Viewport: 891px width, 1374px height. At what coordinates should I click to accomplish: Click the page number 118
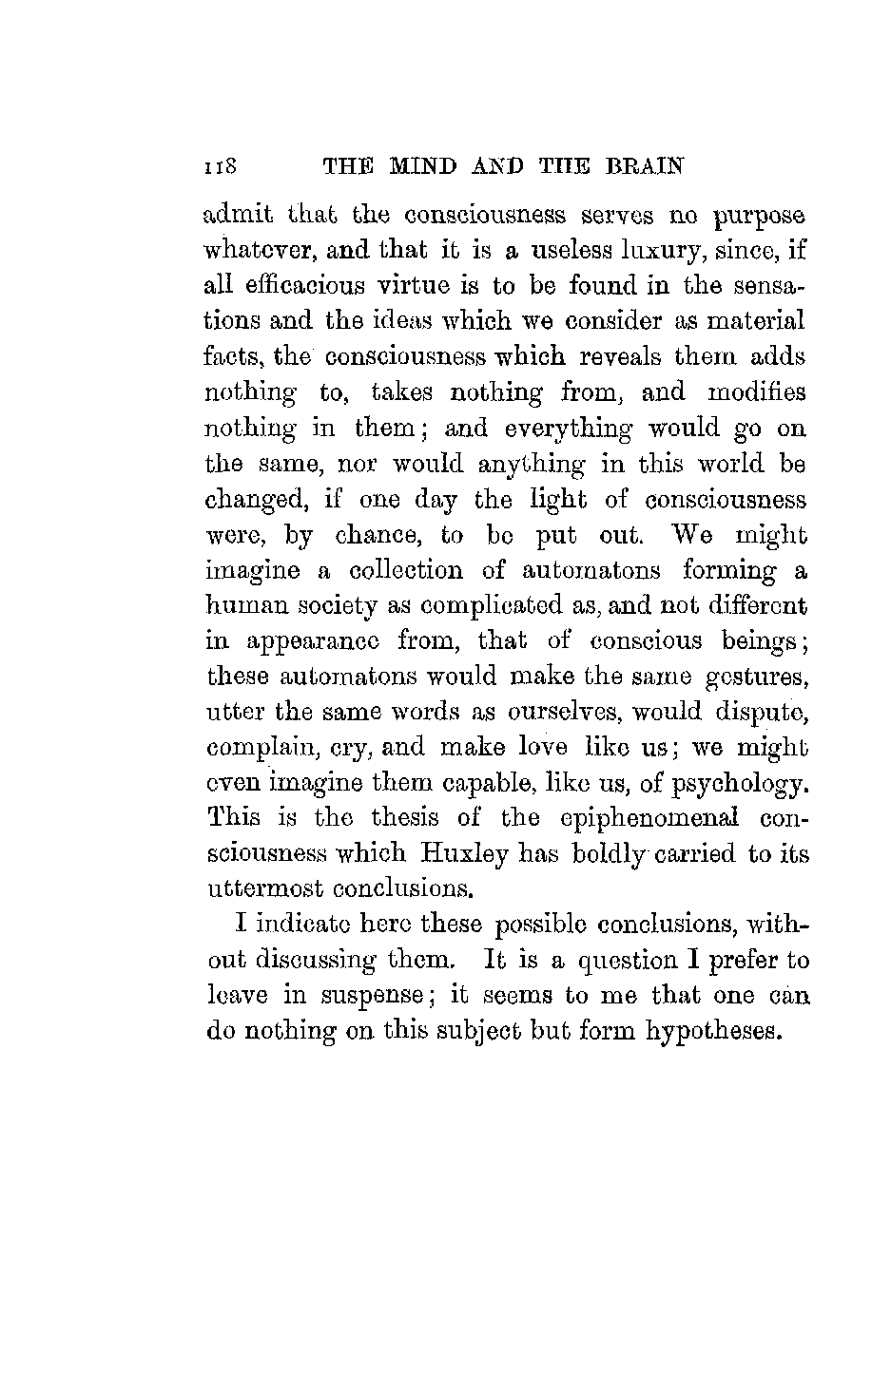pos(224,166)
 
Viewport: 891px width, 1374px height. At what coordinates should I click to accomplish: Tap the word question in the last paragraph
pos(603,961)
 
